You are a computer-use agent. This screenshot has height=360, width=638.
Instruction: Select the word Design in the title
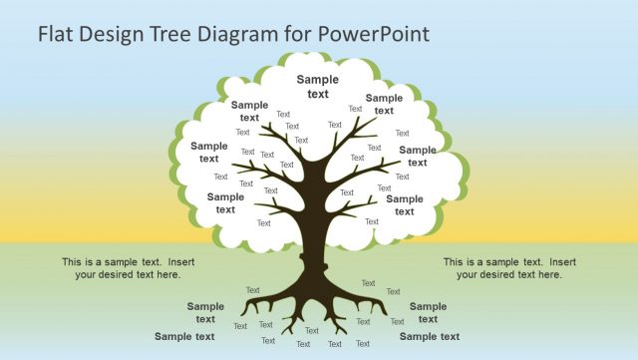tap(119, 33)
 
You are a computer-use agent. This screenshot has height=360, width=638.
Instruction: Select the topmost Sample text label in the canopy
tap(317, 87)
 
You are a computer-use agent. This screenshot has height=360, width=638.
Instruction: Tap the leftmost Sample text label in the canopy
tap(209, 152)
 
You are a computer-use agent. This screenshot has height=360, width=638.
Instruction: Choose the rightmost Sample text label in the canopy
tap(418, 156)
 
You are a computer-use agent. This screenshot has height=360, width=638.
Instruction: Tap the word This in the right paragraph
tap(454, 262)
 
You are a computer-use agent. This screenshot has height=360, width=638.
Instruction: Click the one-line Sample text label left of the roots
tap(184, 336)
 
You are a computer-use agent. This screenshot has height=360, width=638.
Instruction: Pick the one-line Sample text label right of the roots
tap(430, 336)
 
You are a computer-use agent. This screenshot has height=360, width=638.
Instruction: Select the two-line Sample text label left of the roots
tap(205, 313)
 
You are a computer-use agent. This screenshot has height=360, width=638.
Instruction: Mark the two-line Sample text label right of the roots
tap(428, 313)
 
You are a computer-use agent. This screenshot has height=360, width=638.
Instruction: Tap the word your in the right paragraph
tap(469, 274)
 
